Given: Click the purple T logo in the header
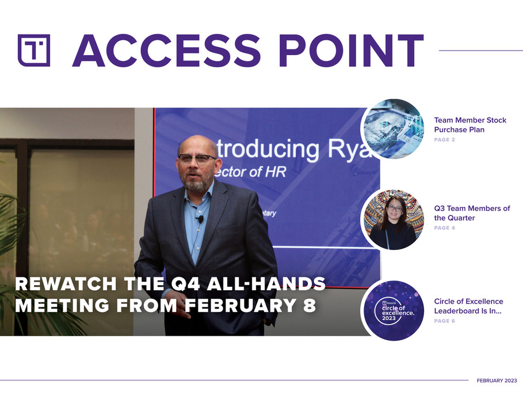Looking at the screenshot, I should tap(34, 51).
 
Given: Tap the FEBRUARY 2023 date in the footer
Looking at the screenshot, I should tap(497, 380).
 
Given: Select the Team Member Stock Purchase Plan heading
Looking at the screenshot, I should tap(469, 125).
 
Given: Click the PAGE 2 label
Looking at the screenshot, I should tap(444, 140).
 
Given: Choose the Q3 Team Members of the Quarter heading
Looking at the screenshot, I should tap(471, 213).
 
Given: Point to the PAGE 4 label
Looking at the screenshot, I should tap(444, 228).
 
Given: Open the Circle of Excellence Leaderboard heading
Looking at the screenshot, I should tap(468, 306).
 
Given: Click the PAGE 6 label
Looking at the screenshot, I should tap(444, 321).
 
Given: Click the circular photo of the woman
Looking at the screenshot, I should tap(393, 220).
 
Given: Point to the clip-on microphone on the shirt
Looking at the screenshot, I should tap(200, 219).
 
